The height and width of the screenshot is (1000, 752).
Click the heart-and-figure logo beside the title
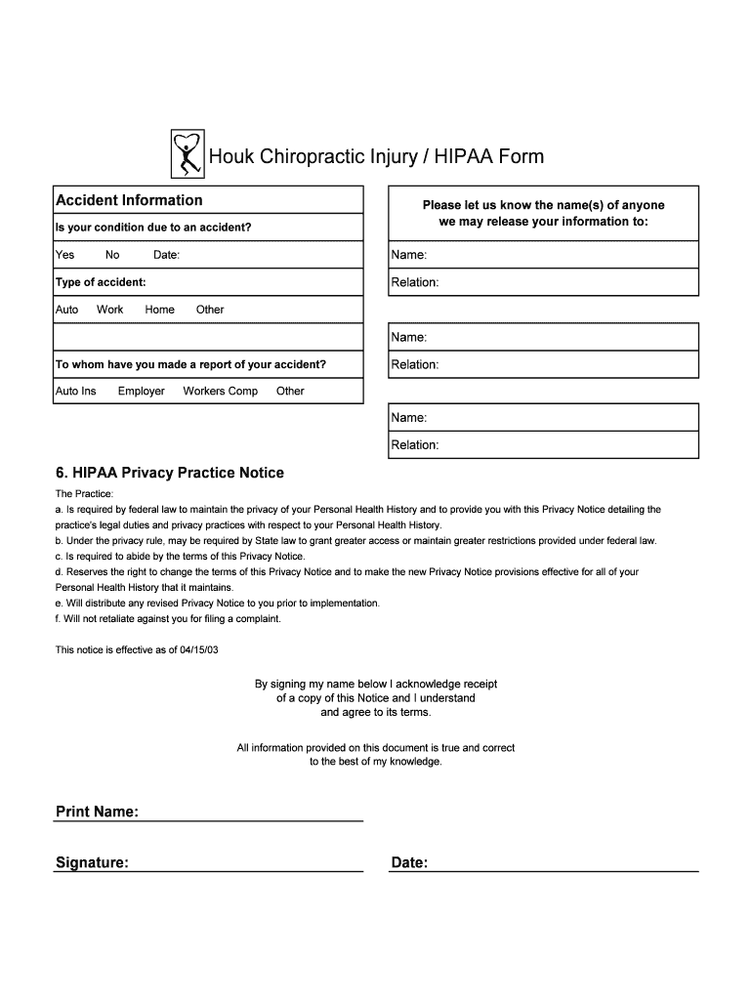(x=186, y=155)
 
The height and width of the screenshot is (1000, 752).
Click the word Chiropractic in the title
(x=304, y=156)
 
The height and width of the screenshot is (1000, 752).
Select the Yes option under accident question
(x=64, y=255)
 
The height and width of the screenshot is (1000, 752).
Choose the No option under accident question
(x=112, y=255)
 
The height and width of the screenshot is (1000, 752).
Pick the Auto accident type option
(x=66, y=310)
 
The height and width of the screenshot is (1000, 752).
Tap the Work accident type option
(x=110, y=310)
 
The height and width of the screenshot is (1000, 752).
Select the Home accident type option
(x=159, y=310)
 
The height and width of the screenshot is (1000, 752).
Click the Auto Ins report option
(x=75, y=392)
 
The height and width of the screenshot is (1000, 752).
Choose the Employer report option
(x=142, y=392)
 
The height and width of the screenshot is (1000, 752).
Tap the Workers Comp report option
(x=221, y=392)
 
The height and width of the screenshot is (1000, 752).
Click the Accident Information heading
(x=129, y=200)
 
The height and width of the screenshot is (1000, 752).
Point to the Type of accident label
(x=101, y=282)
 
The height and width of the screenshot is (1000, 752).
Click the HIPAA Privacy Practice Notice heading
(x=170, y=473)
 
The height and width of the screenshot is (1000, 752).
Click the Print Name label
(x=97, y=812)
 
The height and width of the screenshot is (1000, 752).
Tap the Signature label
(x=92, y=863)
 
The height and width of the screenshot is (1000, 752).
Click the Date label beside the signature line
(x=409, y=863)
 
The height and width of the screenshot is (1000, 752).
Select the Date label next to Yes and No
(x=166, y=255)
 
